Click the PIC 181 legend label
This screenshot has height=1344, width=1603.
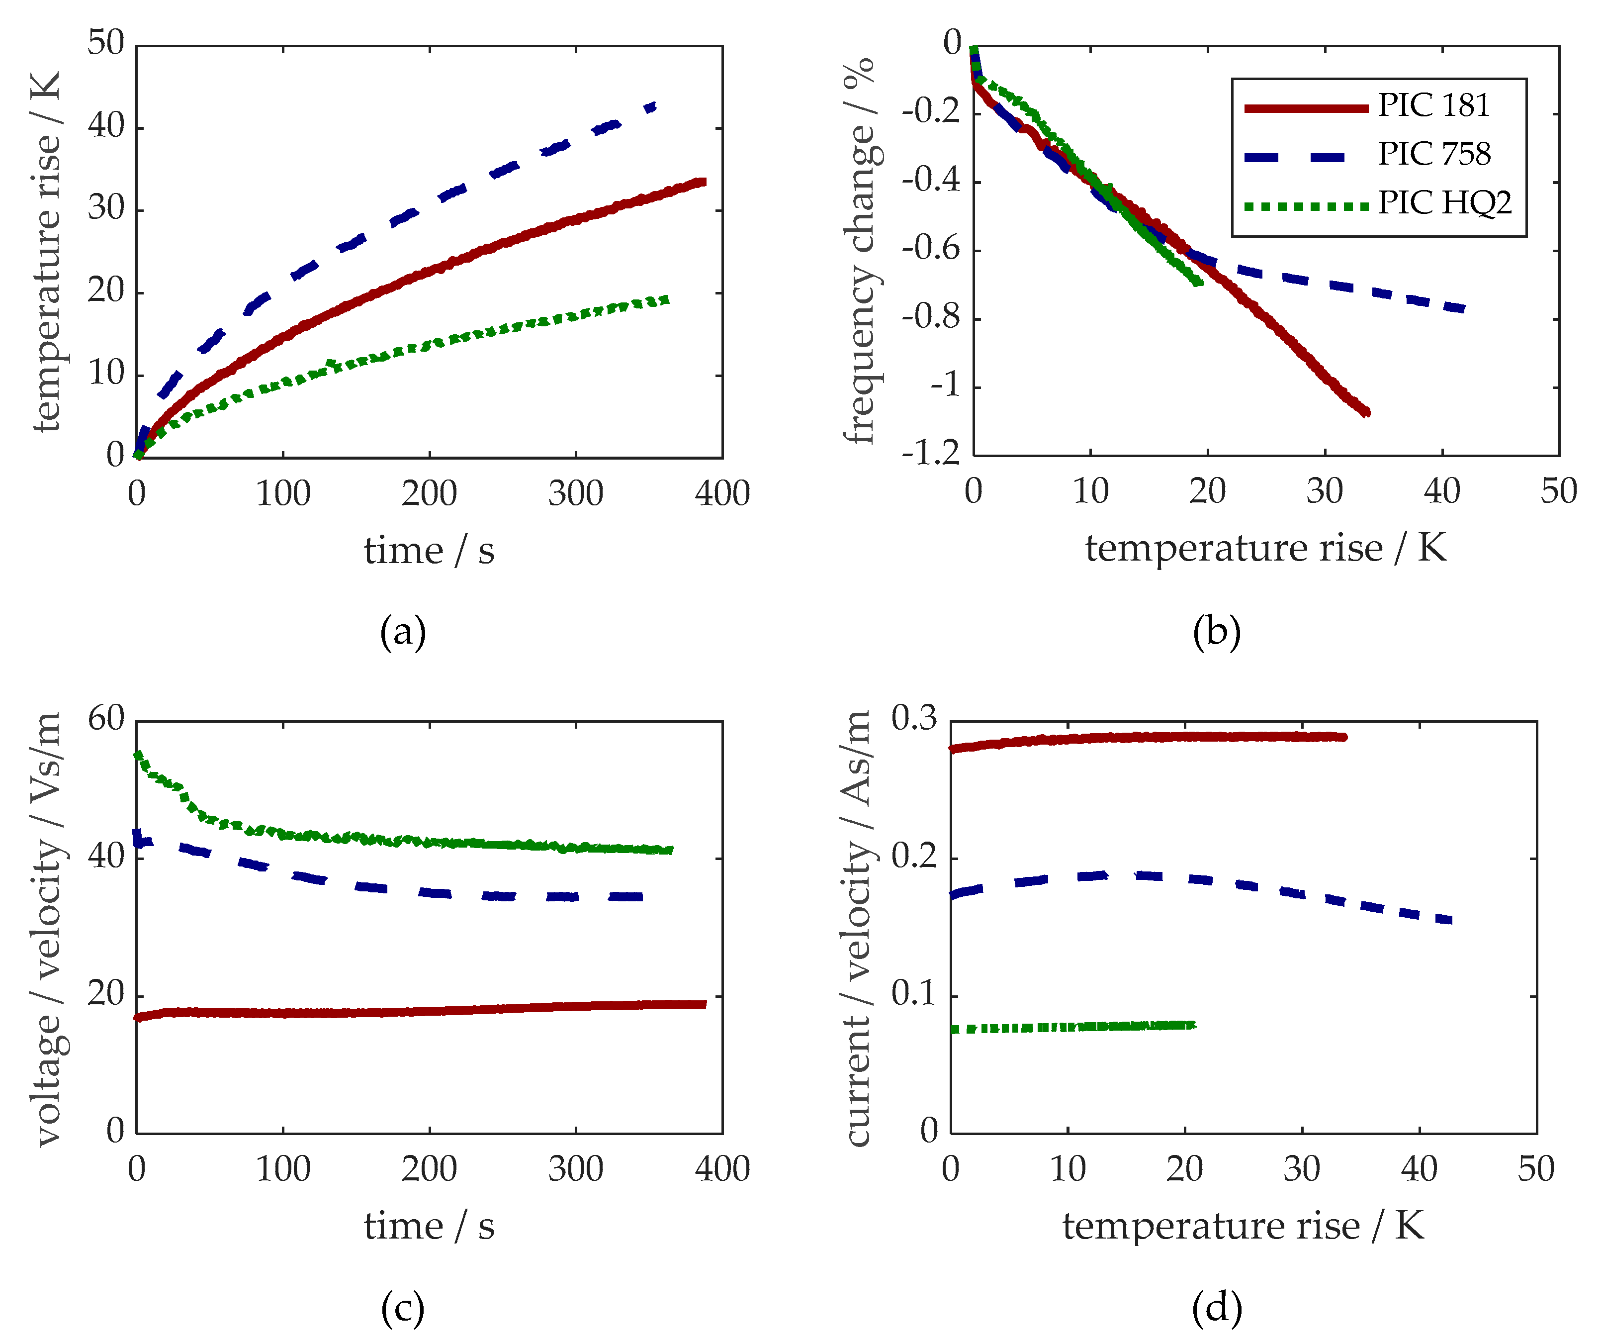tap(1433, 105)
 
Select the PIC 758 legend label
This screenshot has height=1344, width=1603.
tap(1433, 154)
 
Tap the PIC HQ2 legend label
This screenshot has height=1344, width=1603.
tap(1444, 203)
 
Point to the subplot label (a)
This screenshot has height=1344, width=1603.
tap(403, 632)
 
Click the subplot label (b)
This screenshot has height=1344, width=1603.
tap(1217, 632)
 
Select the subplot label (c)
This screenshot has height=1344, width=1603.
tap(403, 1309)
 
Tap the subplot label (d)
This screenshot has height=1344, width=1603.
tap(1217, 1309)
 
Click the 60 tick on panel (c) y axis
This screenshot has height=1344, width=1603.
tap(105, 719)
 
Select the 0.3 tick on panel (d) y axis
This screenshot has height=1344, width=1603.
tap(914, 719)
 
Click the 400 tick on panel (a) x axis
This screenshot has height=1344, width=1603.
tap(722, 494)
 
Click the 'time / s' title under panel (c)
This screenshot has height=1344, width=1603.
tap(429, 1227)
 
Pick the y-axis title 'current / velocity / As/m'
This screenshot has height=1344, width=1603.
tap(858, 928)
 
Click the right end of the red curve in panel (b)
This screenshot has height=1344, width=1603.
tap(1366, 412)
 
